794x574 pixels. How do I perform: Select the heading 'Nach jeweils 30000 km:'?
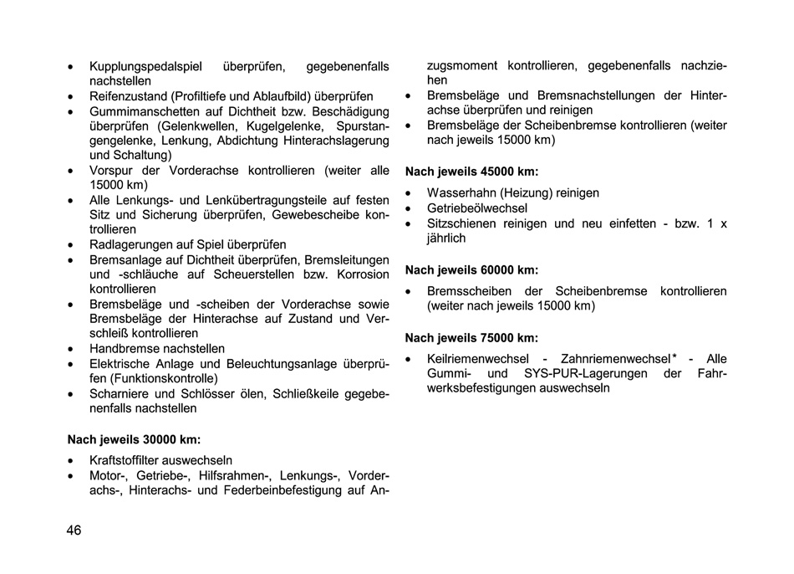tap(134, 438)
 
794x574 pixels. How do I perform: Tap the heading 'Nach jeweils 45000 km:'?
tap(471, 172)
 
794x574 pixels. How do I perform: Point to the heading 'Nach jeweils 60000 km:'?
tap(471, 270)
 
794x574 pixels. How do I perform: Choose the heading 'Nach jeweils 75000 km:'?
tap(471, 338)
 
